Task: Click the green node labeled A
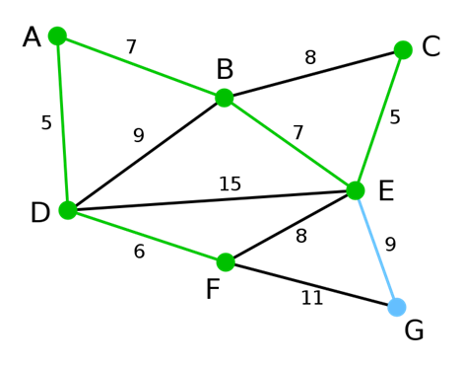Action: pos(57,37)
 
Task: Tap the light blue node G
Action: pos(396,307)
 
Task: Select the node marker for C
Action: pos(403,50)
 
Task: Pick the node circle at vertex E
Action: pos(356,190)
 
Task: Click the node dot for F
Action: pos(226,262)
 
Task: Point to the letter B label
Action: pos(225,70)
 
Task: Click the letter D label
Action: pos(39,213)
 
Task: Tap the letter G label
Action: pos(414,331)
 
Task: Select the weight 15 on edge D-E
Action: pos(230,184)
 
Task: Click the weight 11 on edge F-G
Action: pos(311,298)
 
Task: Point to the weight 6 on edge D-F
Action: pos(139,252)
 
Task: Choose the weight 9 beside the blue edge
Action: pos(390,245)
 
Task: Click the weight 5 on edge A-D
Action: pos(46,123)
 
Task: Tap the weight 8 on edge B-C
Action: pos(310,58)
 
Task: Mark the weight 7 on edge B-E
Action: pos(298,132)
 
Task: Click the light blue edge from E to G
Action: pos(375,248)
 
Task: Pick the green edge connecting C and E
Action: pos(379,120)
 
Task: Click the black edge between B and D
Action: pos(146,153)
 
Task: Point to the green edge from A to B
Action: pos(141,67)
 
